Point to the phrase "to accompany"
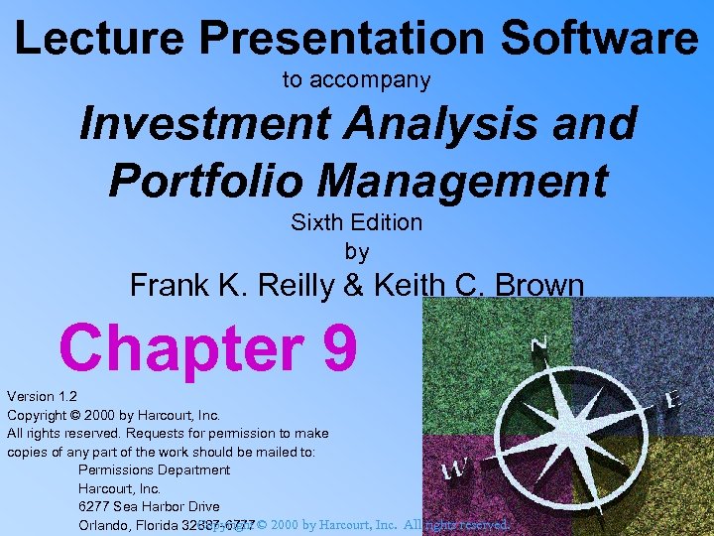[x=356, y=80]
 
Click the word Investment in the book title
[x=202, y=125]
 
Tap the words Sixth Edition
[x=356, y=222]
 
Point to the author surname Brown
[x=541, y=285]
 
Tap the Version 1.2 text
[x=46, y=397]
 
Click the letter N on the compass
[x=540, y=343]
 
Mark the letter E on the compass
[x=671, y=399]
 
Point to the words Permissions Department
[x=154, y=469]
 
